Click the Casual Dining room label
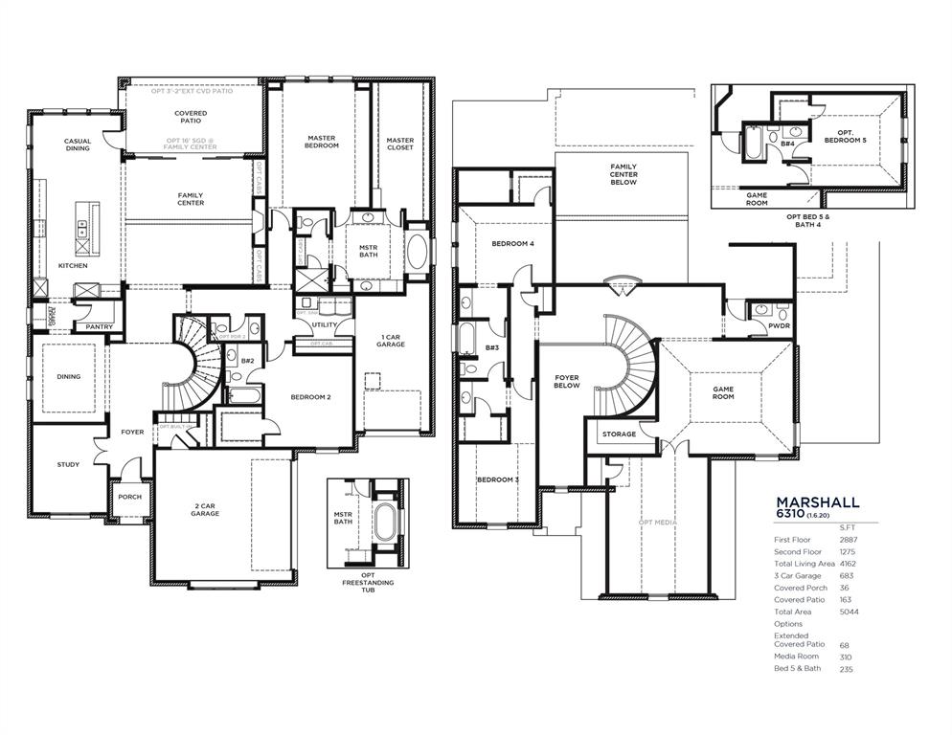pyautogui.click(x=78, y=145)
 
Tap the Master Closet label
pyautogui.click(x=400, y=144)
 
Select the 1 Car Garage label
pyautogui.click(x=390, y=341)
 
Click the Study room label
pyautogui.click(x=68, y=465)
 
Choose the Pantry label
pyautogui.click(x=99, y=327)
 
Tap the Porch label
pyautogui.click(x=129, y=498)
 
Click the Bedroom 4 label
pyautogui.click(x=512, y=244)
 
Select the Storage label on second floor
pyautogui.click(x=619, y=434)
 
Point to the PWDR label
pyautogui.click(x=779, y=326)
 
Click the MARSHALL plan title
pyautogui.click(x=817, y=501)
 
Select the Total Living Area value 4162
pyautogui.click(x=848, y=565)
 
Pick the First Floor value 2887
pyautogui.click(x=848, y=541)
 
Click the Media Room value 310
pyautogui.click(x=846, y=657)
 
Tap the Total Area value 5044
pyautogui.click(x=848, y=612)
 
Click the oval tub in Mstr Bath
pyautogui.click(x=419, y=252)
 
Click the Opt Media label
pyautogui.click(x=657, y=523)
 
